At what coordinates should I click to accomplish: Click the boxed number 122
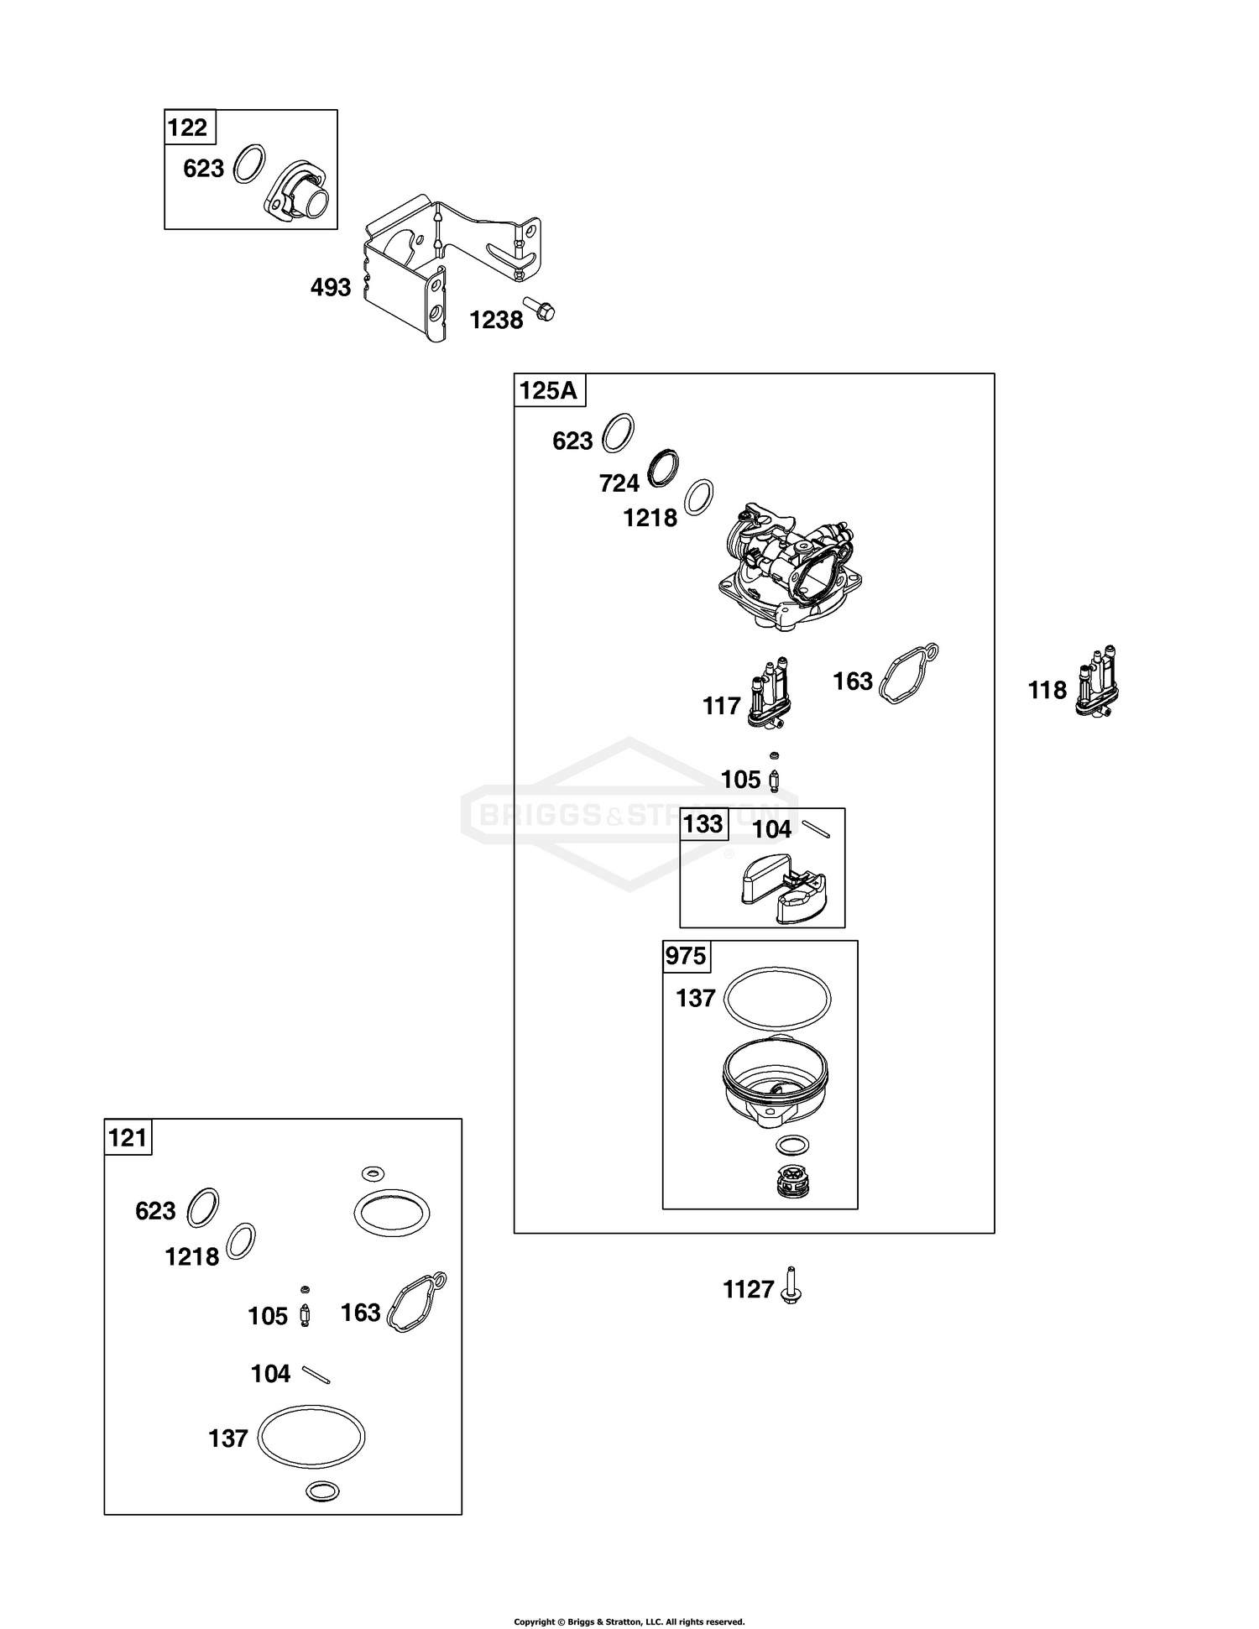(187, 128)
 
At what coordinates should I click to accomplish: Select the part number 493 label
(331, 288)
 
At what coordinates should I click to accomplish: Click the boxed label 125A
(549, 391)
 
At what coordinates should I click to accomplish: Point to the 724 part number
(619, 483)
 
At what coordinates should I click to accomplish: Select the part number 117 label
(722, 706)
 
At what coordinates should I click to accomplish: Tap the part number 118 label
(1047, 690)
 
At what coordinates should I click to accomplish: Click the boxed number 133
(703, 824)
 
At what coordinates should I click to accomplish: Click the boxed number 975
(686, 956)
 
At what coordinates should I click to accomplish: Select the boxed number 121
(128, 1138)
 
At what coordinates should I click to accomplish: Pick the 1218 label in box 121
(192, 1256)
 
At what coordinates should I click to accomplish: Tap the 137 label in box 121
(228, 1438)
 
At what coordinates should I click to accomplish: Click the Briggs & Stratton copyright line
(629, 1621)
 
